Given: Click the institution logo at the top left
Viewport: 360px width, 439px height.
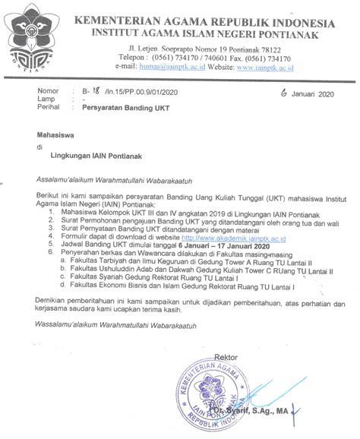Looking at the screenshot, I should pyautogui.click(x=31, y=33).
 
